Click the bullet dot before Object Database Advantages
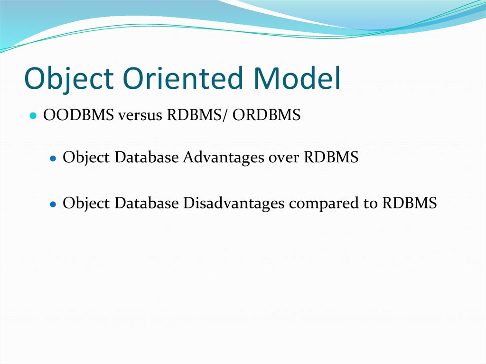53,159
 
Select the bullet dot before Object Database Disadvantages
53,204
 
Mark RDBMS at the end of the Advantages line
331,158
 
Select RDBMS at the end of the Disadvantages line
409,204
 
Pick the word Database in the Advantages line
147,158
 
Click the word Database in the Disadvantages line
147,204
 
